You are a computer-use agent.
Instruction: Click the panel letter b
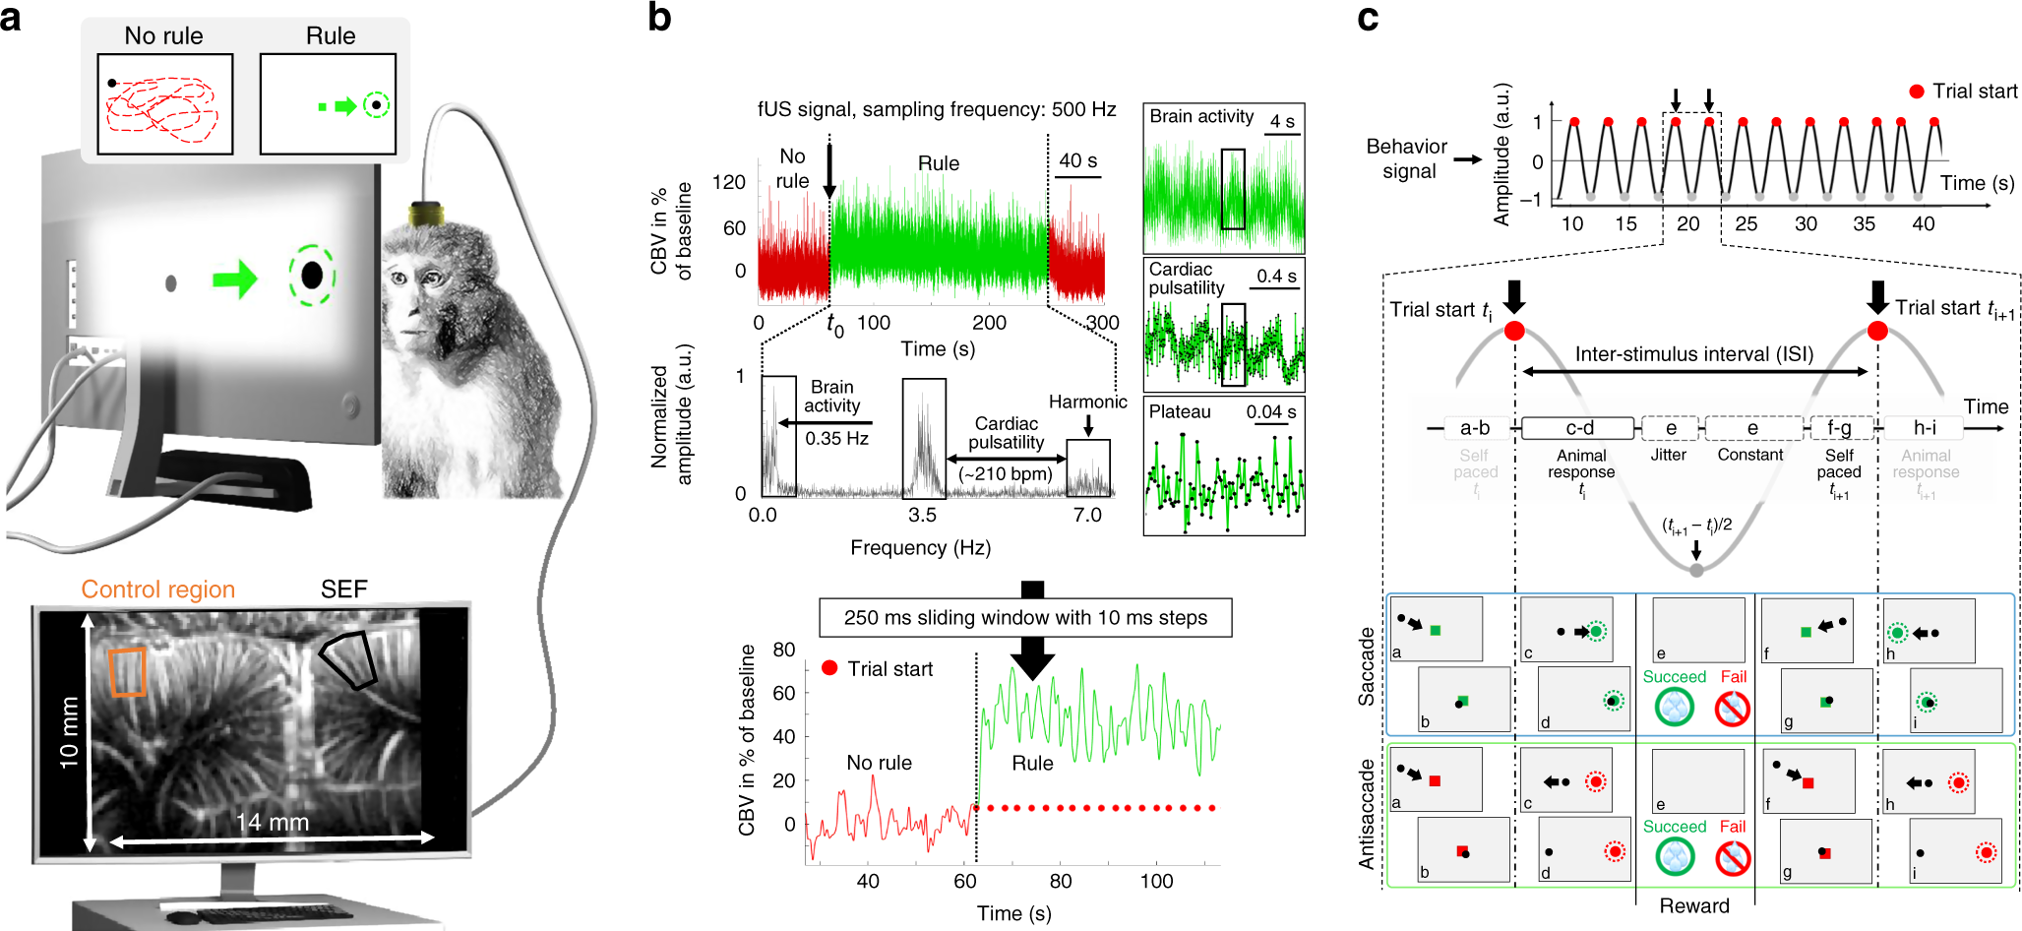point(660,18)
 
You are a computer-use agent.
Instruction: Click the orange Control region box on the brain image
point(127,672)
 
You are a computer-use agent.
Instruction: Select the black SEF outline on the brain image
point(349,659)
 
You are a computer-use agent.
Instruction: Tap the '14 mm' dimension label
point(272,822)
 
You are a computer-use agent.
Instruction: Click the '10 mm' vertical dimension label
point(68,731)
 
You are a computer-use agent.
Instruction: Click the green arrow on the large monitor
point(234,279)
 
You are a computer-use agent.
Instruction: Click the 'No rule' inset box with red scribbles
point(164,104)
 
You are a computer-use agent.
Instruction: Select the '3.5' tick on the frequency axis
point(922,515)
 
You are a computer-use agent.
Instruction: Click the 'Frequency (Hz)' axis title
point(920,547)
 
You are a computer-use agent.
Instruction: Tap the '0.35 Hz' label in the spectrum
point(836,439)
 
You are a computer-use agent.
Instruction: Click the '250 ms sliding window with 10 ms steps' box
point(1025,618)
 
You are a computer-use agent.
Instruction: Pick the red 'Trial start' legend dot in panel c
point(1916,92)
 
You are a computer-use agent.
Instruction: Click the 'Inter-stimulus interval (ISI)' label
point(1693,354)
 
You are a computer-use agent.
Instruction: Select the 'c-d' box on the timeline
point(1579,428)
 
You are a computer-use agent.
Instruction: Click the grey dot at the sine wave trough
point(1695,570)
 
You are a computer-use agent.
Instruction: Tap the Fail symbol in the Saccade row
point(1733,708)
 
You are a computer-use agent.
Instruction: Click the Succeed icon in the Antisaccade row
point(1674,856)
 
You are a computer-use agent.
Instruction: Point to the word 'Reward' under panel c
point(1693,905)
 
